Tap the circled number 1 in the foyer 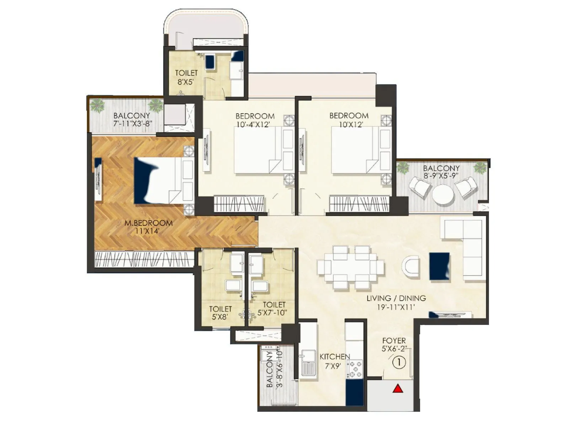[399, 362]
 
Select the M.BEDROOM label [148, 223]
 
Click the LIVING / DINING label [396, 298]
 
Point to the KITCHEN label [335, 357]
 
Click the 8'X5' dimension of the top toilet [186, 82]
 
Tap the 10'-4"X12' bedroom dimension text [255, 125]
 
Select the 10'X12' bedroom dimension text [349, 125]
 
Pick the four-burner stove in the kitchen [354, 369]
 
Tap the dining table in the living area [350, 267]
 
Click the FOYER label [394, 341]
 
